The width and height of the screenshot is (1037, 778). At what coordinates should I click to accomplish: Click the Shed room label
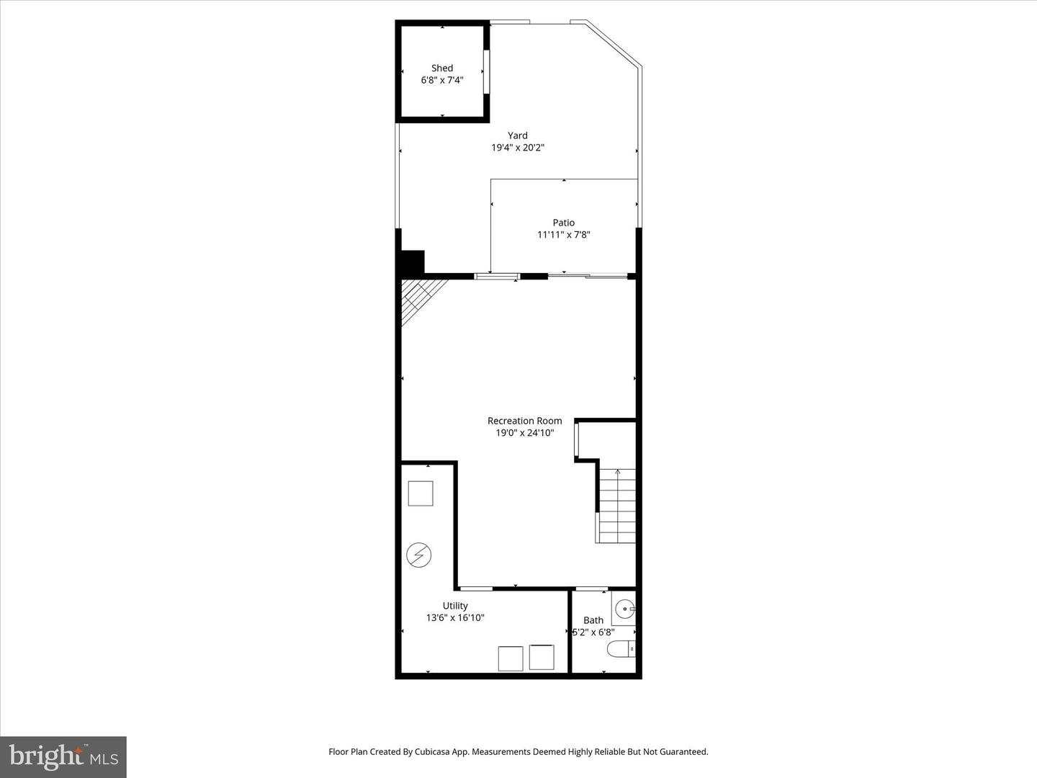pyautogui.click(x=442, y=68)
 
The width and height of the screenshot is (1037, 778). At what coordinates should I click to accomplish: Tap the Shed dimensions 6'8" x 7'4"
pyautogui.click(x=442, y=81)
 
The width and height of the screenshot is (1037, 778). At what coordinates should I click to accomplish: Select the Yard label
pyautogui.click(x=517, y=135)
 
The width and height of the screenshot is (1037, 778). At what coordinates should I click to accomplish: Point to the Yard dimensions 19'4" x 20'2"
pyautogui.click(x=517, y=148)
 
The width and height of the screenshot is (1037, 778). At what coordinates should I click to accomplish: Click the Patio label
pyautogui.click(x=563, y=223)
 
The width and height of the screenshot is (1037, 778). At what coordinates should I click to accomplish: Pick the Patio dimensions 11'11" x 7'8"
pyautogui.click(x=563, y=235)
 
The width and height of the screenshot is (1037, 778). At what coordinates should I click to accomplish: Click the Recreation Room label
pyautogui.click(x=524, y=421)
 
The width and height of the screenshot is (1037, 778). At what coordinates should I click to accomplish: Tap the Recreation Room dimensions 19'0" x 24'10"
pyautogui.click(x=524, y=433)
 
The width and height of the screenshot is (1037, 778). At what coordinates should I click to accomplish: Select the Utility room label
pyautogui.click(x=455, y=606)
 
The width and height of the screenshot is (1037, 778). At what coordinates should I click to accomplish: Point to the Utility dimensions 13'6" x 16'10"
pyautogui.click(x=455, y=618)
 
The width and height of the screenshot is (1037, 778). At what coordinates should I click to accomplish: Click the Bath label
pyautogui.click(x=593, y=620)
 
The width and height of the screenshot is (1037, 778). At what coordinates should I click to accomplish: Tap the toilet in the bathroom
pyautogui.click(x=621, y=649)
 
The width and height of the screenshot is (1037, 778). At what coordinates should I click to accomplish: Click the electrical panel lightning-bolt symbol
pyautogui.click(x=418, y=555)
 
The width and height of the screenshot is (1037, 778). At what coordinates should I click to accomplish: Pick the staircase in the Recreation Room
pyautogui.click(x=617, y=506)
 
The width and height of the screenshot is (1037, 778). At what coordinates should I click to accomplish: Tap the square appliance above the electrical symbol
pyautogui.click(x=421, y=493)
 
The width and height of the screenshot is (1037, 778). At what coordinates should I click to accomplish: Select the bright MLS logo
pyautogui.click(x=63, y=756)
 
